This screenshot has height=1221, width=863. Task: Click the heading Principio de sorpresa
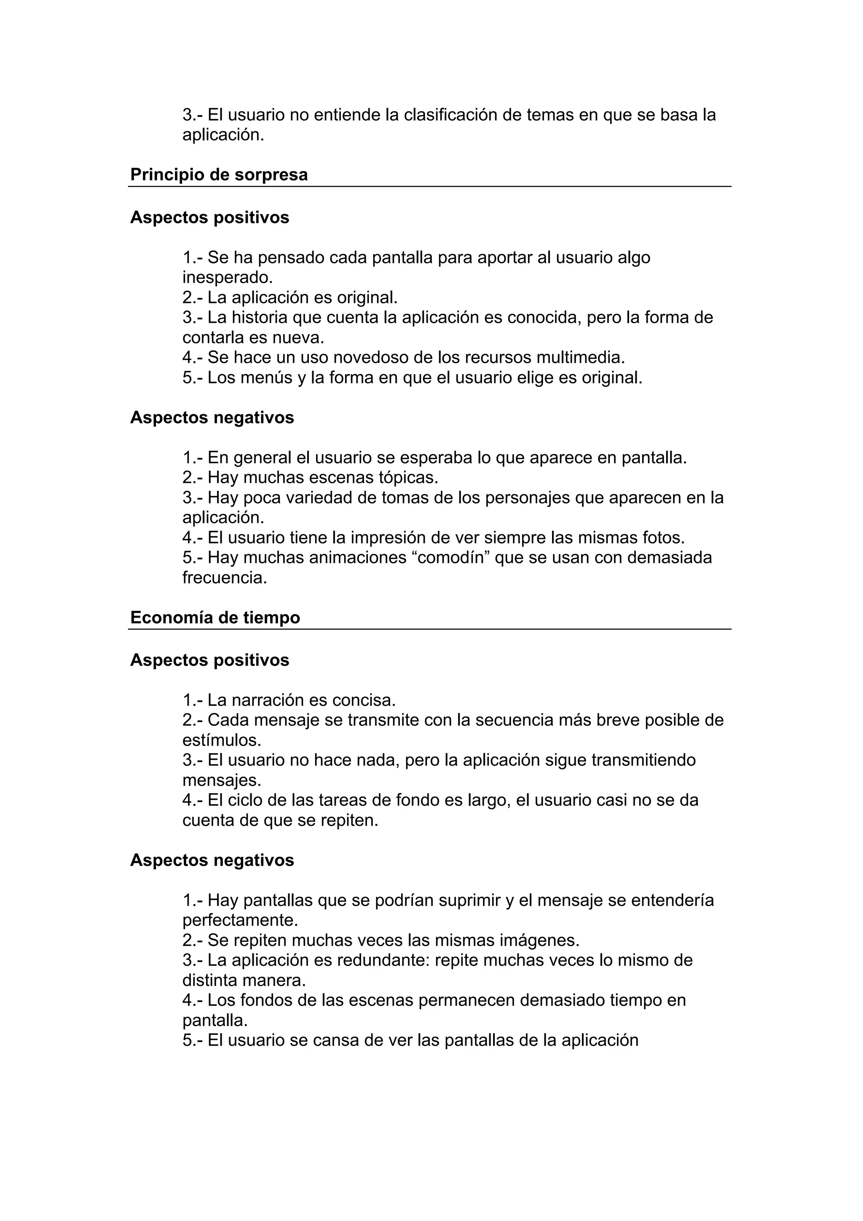coord(219,174)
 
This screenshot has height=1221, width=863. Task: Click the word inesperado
coord(227,278)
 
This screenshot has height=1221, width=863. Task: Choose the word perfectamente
coord(240,920)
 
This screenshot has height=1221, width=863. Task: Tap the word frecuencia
coord(225,578)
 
